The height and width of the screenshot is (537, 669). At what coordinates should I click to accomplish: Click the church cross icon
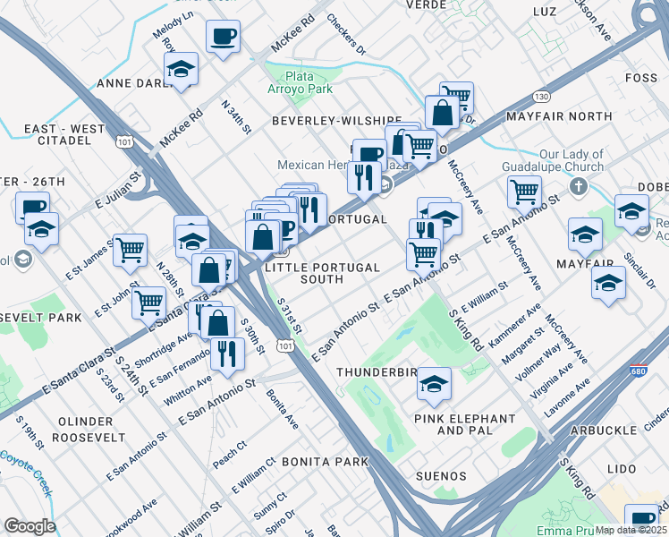579,188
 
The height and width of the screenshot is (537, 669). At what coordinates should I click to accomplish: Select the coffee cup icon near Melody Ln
223,38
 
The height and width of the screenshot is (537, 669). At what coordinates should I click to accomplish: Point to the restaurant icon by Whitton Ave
227,353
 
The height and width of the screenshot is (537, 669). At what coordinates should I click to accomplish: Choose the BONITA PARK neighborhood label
325,462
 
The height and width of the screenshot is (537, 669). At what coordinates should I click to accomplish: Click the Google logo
30,526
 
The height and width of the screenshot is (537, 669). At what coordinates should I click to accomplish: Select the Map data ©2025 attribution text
631,530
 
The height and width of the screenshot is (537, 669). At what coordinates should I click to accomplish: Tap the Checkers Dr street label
346,34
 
